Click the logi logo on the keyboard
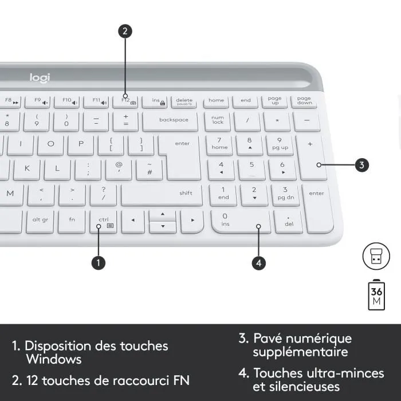[x=40, y=77]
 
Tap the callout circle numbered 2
[x=125, y=32]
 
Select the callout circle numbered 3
[x=361, y=166]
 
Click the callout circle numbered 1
[x=99, y=262]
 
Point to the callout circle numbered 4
[x=259, y=262]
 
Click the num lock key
[x=218, y=120]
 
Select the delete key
[x=184, y=102]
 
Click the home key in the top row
[x=216, y=101]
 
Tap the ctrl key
[x=104, y=221]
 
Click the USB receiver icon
[x=376, y=256]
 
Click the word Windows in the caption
[x=54, y=360]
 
